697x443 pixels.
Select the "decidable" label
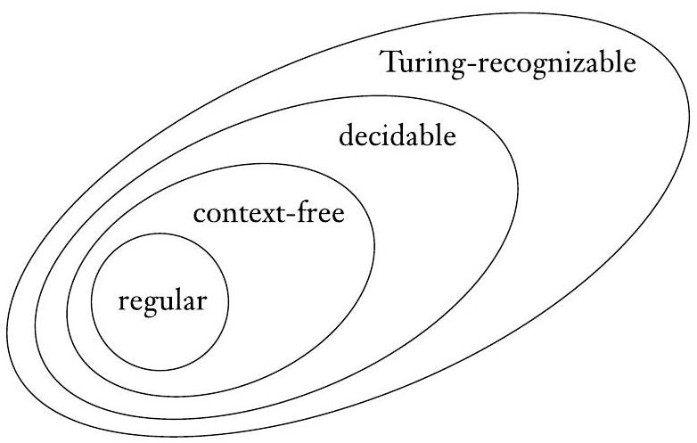coord(398,137)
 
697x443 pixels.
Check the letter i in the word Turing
coord(429,63)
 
